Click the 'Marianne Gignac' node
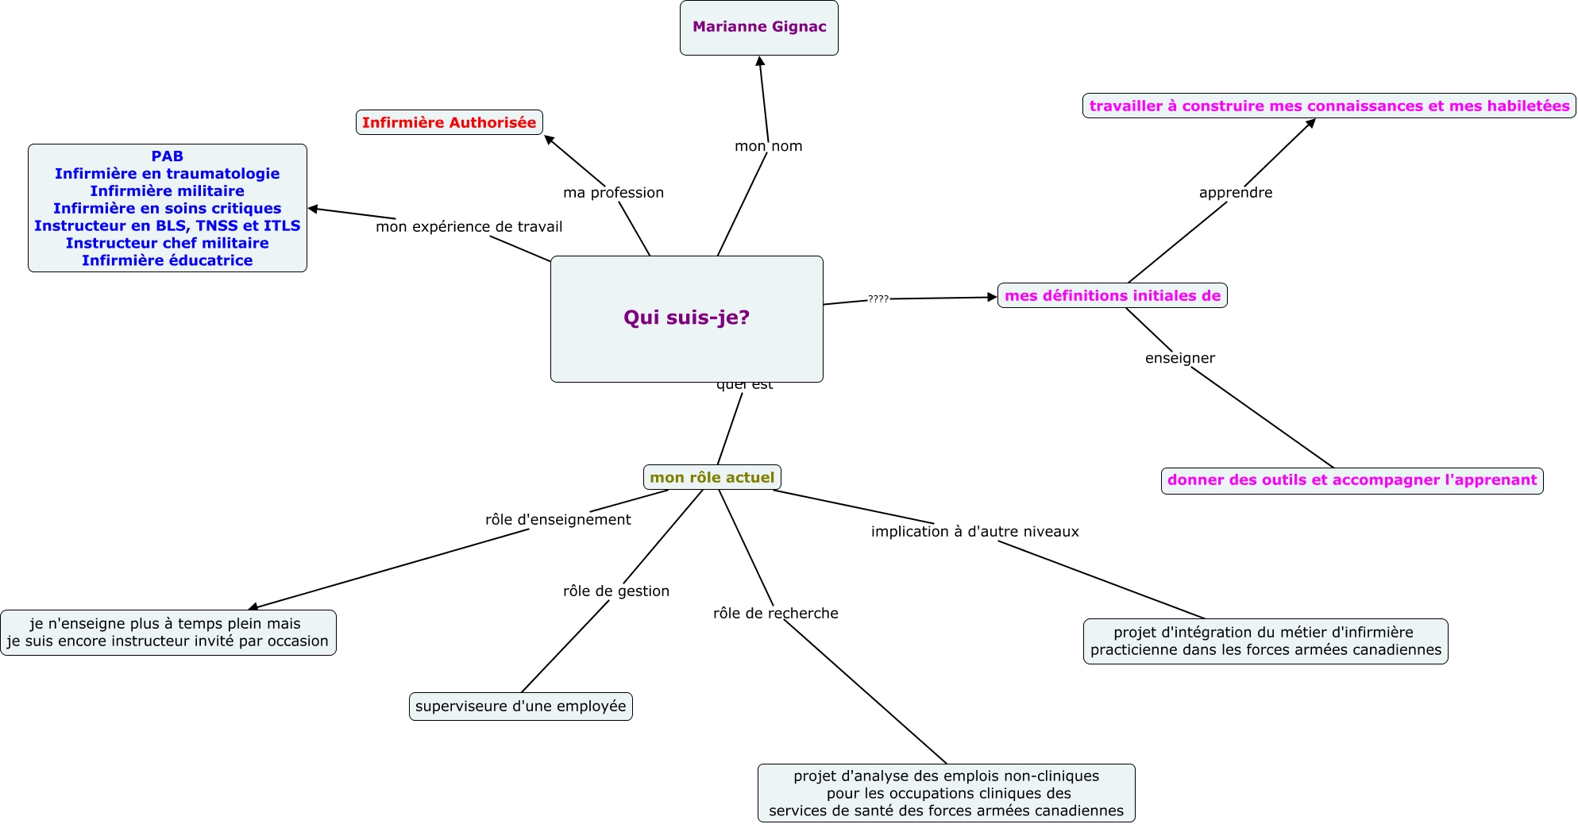pyautogui.click(x=759, y=28)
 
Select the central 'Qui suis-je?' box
pyautogui.click(x=687, y=318)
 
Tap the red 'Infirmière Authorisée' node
pyautogui.click(x=449, y=122)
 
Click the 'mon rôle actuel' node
pyautogui.click(x=712, y=477)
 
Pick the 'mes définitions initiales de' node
pyautogui.click(x=1113, y=295)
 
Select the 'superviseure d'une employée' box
pyautogui.click(x=521, y=707)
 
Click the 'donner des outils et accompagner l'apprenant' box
pyautogui.click(x=1352, y=480)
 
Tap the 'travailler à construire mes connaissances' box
pyautogui.click(x=1329, y=106)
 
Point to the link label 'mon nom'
pyautogui.click(x=769, y=146)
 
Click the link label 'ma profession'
pyautogui.click(x=613, y=193)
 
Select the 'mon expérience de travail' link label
pyautogui.click(x=469, y=227)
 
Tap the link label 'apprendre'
pyautogui.click(x=1236, y=193)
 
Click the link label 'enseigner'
pyautogui.click(x=1180, y=358)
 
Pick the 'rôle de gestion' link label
pyautogui.click(x=616, y=591)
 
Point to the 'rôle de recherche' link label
pyautogui.click(x=776, y=614)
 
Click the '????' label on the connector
pyautogui.click(x=878, y=299)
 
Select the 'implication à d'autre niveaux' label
pyautogui.click(x=975, y=532)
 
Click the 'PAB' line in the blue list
pyautogui.click(x=168, y=156)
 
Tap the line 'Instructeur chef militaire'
pyautogui.click(x=168, y=243)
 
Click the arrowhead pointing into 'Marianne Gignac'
pyautogui.click(x=760, y=61)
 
